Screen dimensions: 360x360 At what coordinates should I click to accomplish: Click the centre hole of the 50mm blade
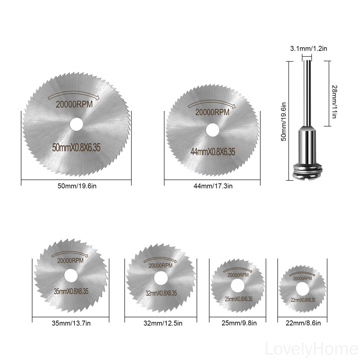(76, 124)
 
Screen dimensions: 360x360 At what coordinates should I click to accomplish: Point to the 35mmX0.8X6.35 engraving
(71, 291)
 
